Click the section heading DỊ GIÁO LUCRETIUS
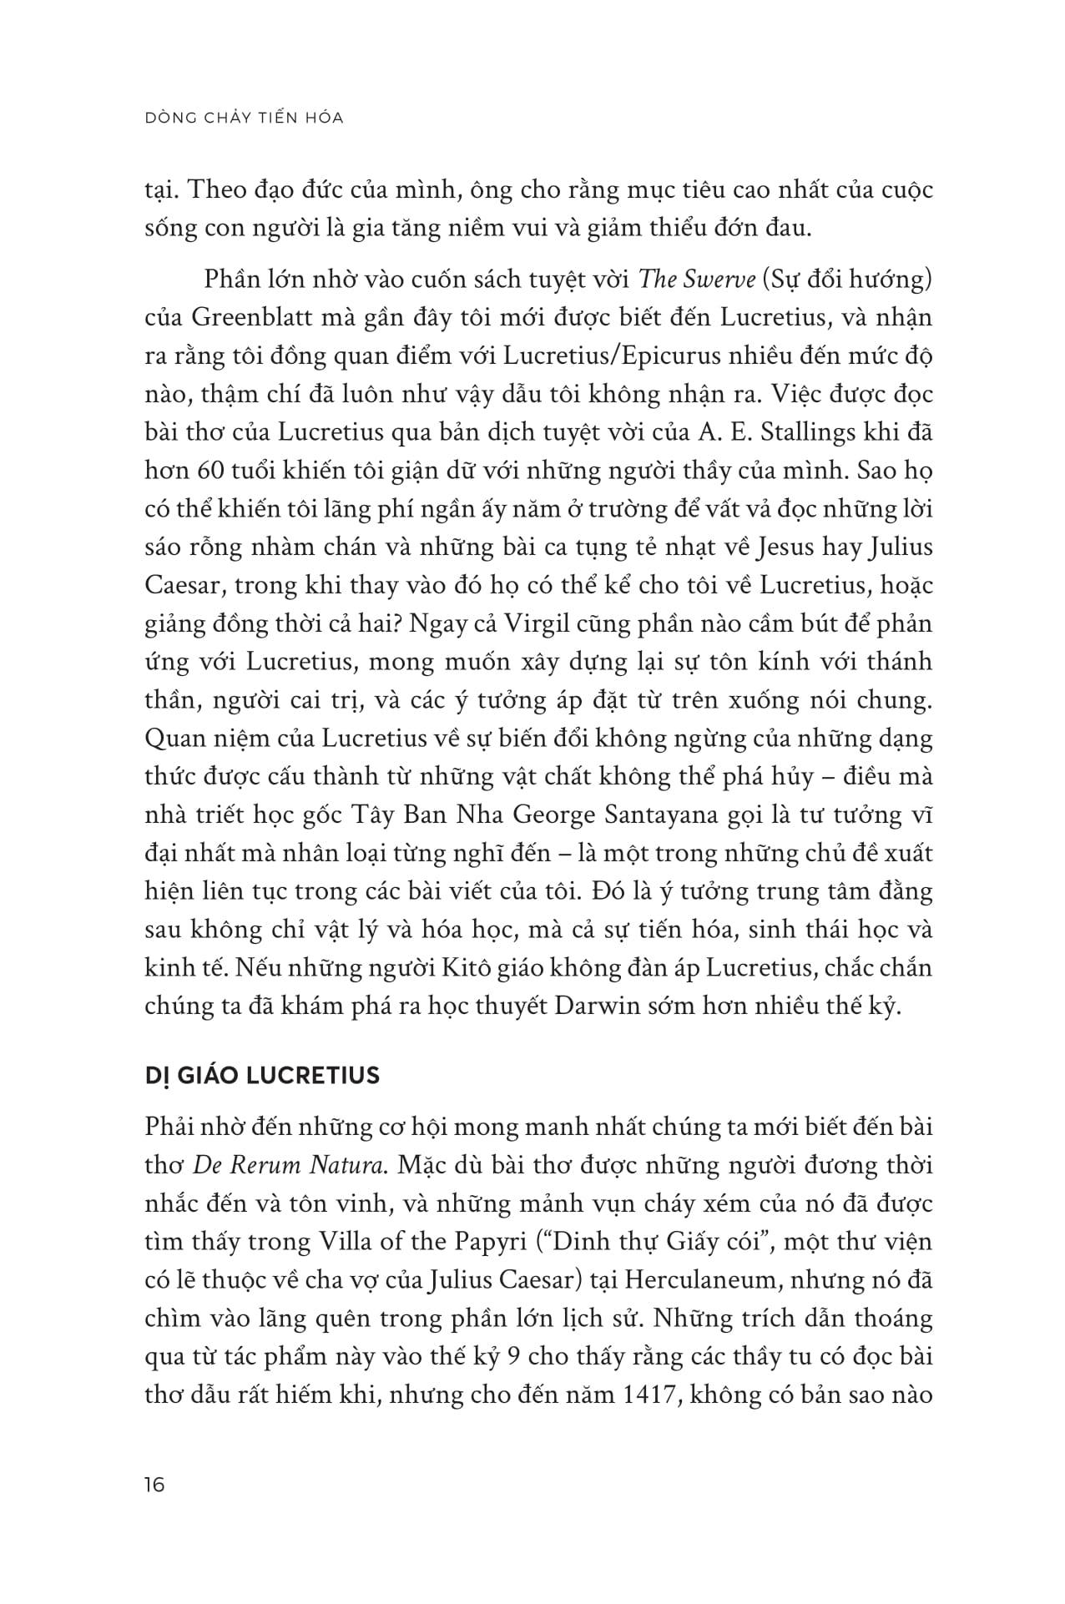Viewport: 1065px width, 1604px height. tap(262, 1075)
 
